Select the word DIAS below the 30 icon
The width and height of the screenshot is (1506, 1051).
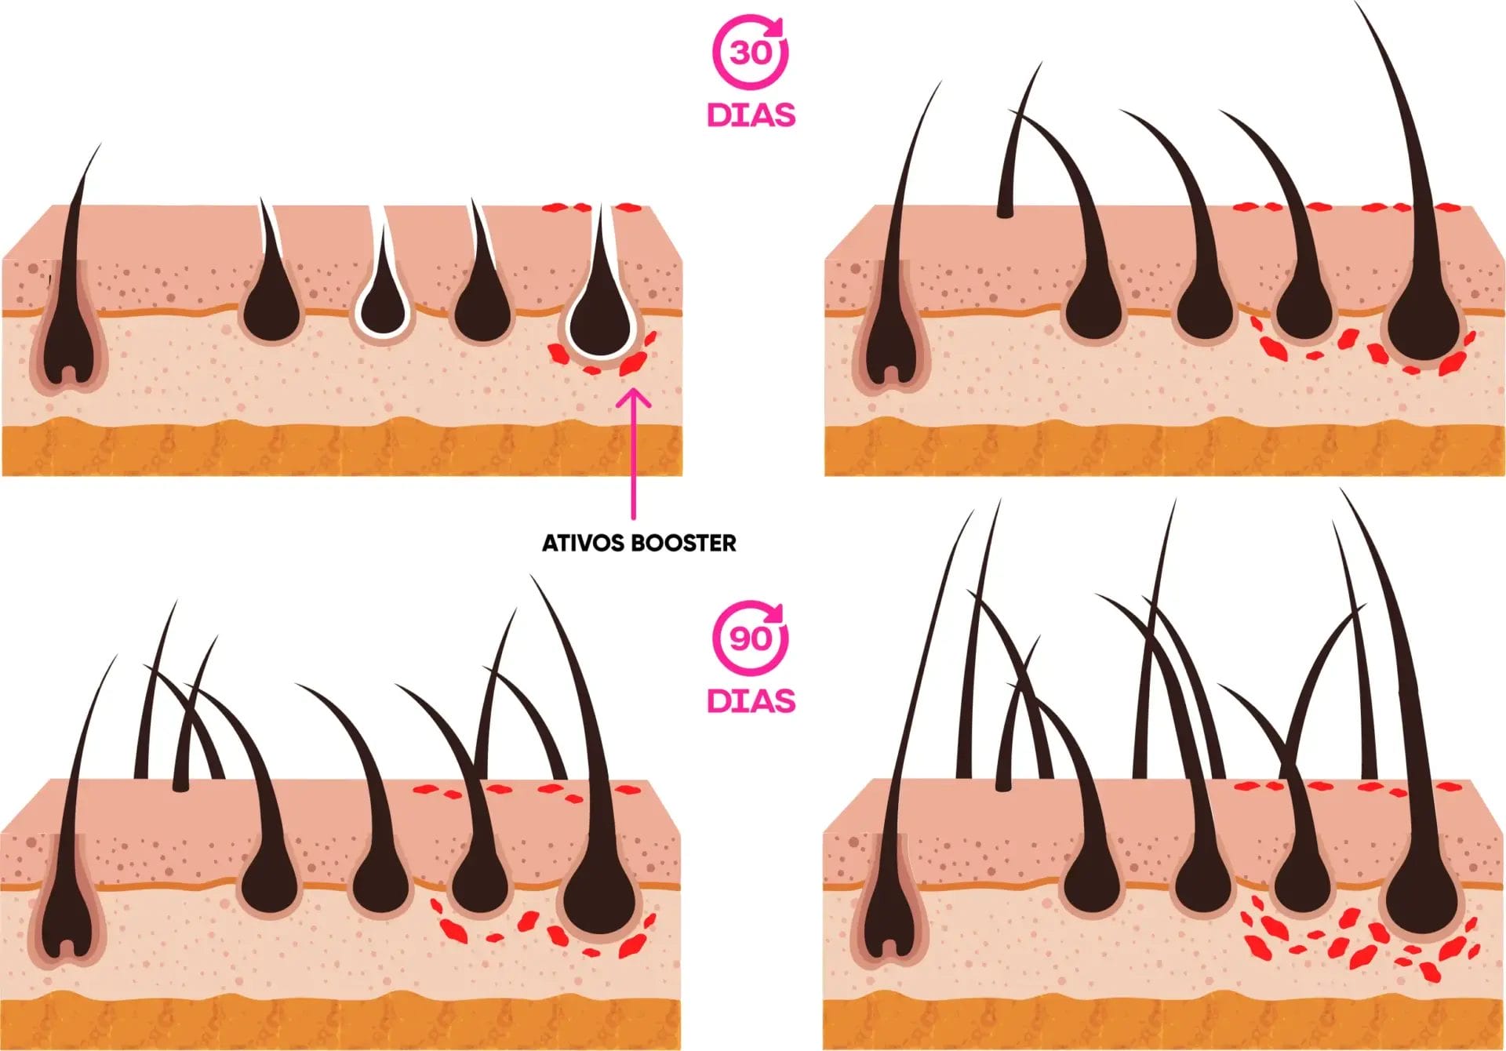[751, 115]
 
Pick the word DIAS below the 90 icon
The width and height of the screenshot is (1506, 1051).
[751, 700]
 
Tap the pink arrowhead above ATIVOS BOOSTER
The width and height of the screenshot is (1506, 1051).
[634, 400]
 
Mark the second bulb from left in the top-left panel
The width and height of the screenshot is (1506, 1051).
[271, 314]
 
